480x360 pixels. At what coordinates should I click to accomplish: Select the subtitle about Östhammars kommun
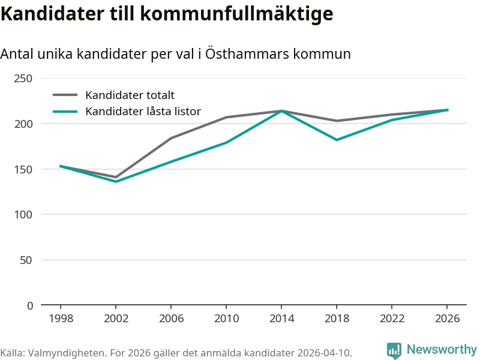175,54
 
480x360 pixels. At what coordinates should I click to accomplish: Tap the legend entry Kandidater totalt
130,95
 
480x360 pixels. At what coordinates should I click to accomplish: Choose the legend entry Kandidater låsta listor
143,111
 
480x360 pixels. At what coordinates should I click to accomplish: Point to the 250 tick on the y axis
24,79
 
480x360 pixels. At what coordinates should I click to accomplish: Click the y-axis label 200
24,124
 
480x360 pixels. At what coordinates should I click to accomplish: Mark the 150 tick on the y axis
24,169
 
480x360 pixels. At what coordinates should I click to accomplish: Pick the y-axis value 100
24,215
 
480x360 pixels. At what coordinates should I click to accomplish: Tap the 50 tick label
27,260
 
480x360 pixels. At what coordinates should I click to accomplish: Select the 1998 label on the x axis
61,319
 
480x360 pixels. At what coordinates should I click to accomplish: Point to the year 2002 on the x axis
116,319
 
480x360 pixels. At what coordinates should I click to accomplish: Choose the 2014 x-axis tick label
281,319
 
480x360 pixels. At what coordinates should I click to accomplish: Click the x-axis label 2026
447,319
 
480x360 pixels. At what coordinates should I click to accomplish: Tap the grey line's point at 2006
171,138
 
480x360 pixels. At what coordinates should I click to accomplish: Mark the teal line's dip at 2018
337,140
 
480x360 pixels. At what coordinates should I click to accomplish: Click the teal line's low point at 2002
116,182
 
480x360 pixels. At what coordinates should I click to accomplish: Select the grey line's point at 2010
226,117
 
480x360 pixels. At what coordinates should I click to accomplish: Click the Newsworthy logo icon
394,350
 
